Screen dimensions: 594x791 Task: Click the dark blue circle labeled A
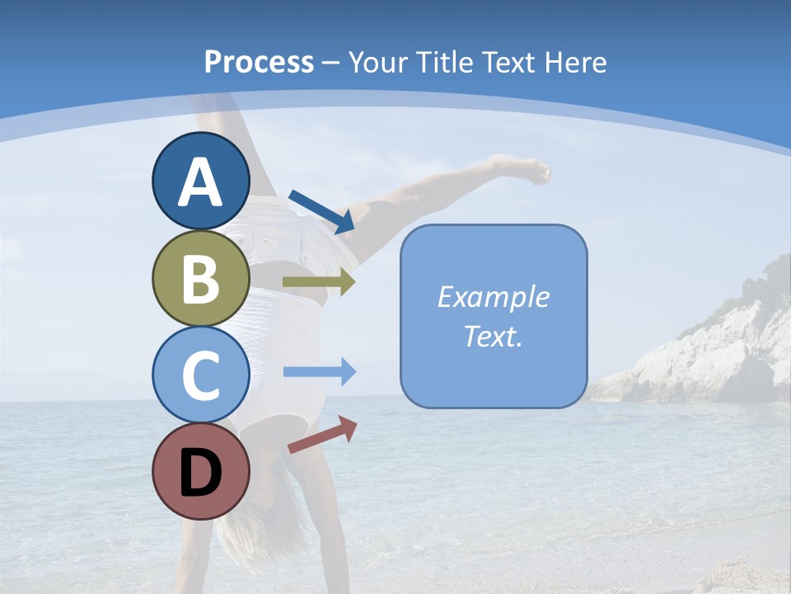pyautogui.click(x=200, y=181)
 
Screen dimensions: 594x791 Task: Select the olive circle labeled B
pyautogui.click(x=200, y=278)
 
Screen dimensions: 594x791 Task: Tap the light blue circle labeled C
pyautogui.click(x=200, y=375)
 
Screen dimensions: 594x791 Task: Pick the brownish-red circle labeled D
pyautogui.click(x=200, y=471)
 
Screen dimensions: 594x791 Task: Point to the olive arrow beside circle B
pyautogui.click(x=319, y=282)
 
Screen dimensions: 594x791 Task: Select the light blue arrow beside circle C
pyautogui.click(x=320, y=371)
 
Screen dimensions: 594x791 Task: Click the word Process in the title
pyautogui.click(x=259, y=62)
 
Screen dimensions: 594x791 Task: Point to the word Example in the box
pyautogui.click(x=493, y=297)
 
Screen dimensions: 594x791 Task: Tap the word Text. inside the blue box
pyautogui.click(x=493, y=336)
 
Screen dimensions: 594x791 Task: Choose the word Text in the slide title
pyautogui.click(x=508, y=62)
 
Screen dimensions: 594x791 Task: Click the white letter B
pyautogui.click(x=200, y=278)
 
